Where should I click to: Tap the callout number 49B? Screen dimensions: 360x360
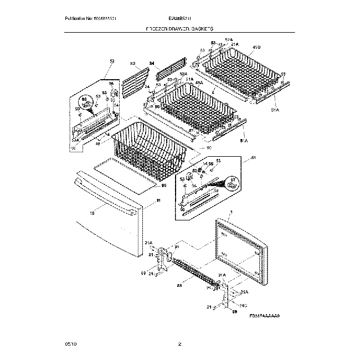point(256,47)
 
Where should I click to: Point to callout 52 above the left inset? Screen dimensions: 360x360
point(111,61)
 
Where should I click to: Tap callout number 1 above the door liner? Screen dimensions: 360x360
point(231,213)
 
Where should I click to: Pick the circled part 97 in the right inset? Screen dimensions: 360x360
point(232,180)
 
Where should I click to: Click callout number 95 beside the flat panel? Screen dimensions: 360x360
point(163,185)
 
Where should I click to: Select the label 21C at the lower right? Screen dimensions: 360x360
point(244,305)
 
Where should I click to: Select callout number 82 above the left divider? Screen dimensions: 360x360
point(132,64)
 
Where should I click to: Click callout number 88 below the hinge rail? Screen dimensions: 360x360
point(179,286)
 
